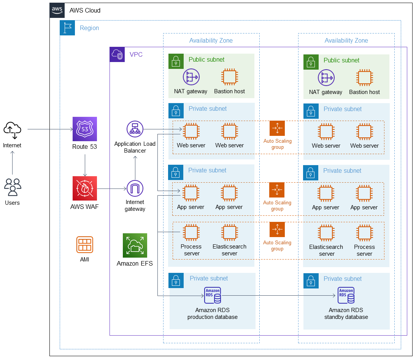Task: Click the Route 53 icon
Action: pyautogui.click(x=85, y=129)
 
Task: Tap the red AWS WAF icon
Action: pyautogui.click(x=85, y=188)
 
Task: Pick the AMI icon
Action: pyautogui.click(x=85, y=245)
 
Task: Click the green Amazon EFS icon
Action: pyautogui.click(x=135, y=245)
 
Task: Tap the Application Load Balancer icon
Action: pyautogui.click(x=135, y=129)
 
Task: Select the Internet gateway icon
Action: pyautogui.click(x=135, y=188)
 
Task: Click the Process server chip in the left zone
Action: pyautogui.click(x=191, y=233)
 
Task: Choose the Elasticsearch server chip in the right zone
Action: pyautogui.click(x=326, y=233)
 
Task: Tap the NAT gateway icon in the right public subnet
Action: pyautogui.click(x=326, y=78)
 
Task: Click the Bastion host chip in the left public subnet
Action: pyautogui.click(x=229, y=77)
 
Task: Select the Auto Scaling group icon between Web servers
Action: pyautogui.click(x=277, y=128)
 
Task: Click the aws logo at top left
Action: pyautogui.click(x=57, y=10)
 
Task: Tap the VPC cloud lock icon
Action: pyautogui.click(x=117, y=54)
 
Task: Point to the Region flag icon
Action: pyautogui.click(x=67, y=28)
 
